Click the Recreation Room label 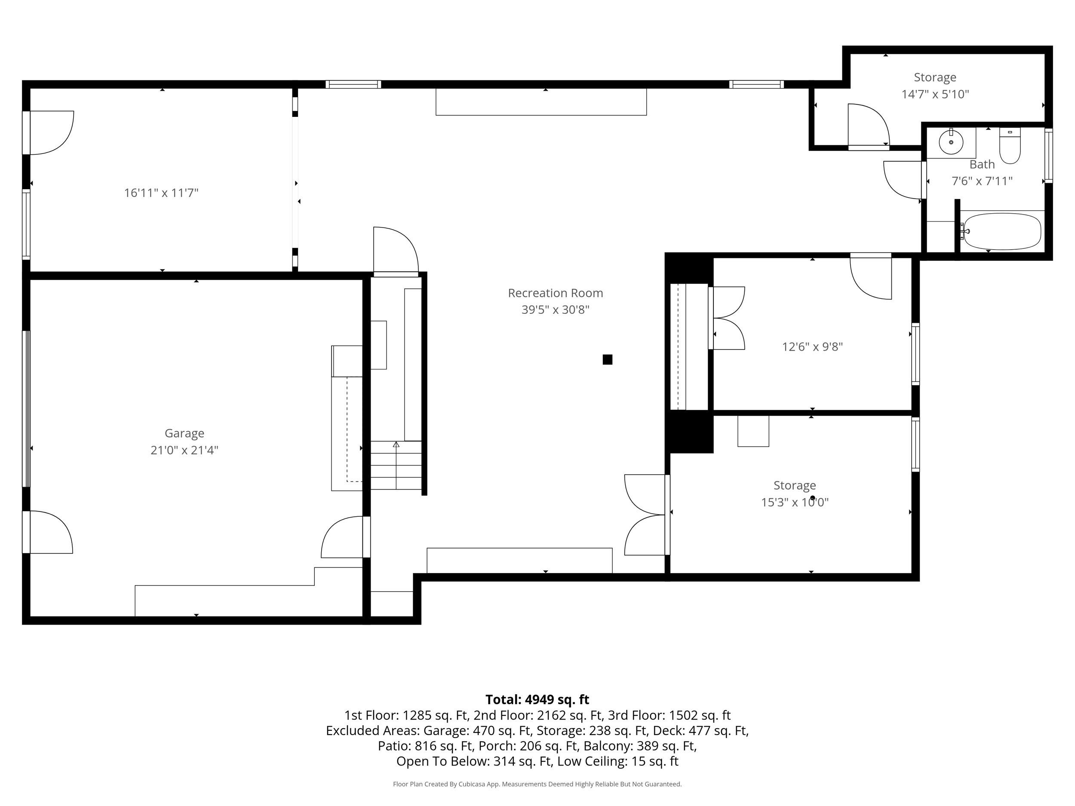(555, 293)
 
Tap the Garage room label (184, 433)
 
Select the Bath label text (982, 164)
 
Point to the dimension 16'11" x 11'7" (161, 193)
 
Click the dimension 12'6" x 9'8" (812, 347)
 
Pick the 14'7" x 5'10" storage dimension (935, 94)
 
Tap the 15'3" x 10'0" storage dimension (795, 502)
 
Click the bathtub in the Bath (1002, 231)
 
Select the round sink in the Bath (951, 142)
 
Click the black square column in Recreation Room (608, 359)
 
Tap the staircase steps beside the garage (396, 465)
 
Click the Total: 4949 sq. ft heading (537, 699)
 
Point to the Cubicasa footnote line (537, 784)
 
